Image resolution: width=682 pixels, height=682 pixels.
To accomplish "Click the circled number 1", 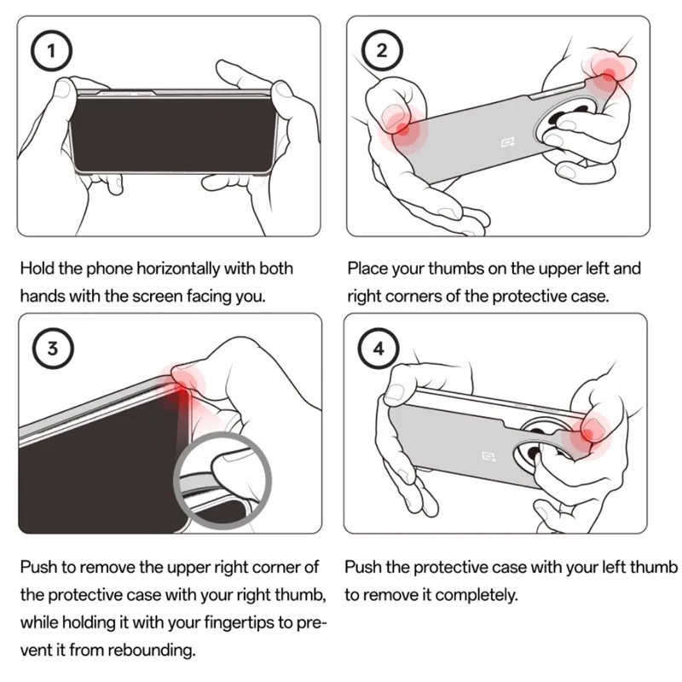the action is point(51,51).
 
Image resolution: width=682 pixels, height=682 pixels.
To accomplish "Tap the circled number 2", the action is point(381,51).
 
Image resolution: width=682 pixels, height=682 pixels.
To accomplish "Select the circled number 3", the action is point(53,349).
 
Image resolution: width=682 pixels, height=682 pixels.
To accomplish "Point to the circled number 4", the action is point(379,349).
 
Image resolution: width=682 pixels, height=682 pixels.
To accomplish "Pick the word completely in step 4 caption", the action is point(477,595).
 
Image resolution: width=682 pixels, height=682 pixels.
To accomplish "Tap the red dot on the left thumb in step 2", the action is point(402,129).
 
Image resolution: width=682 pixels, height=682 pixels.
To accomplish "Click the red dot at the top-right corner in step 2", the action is point(608,74).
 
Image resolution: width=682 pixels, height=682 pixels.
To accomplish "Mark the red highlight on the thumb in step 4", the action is point(587,434).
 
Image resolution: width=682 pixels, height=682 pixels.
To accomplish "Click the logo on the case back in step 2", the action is point(507,142).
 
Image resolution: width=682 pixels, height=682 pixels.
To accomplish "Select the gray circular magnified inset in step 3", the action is point(223,481).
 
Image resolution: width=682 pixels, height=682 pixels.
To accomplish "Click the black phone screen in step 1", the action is point(173,135).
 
